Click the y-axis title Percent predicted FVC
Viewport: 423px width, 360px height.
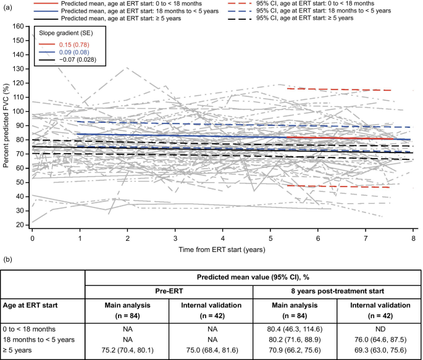click(x=6, y=128)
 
